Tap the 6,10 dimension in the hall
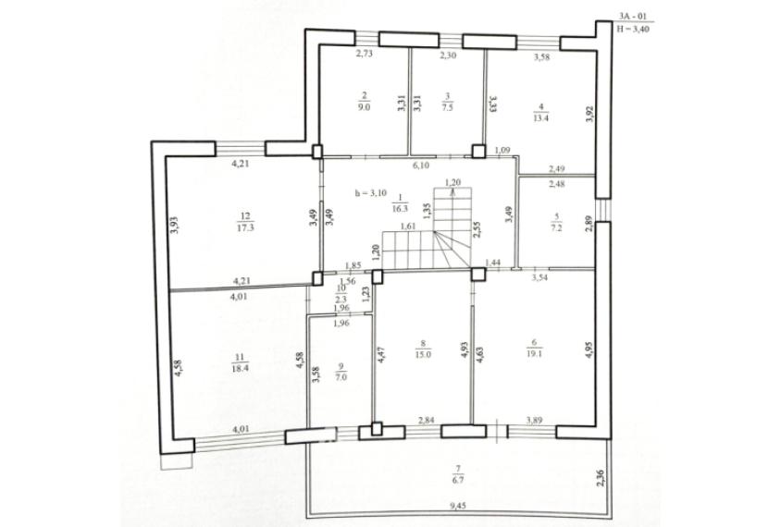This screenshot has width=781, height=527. point(418,166)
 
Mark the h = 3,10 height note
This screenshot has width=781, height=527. point(370,193)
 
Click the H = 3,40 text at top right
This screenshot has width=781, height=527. point(634,29)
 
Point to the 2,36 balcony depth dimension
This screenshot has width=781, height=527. point(599,478)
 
